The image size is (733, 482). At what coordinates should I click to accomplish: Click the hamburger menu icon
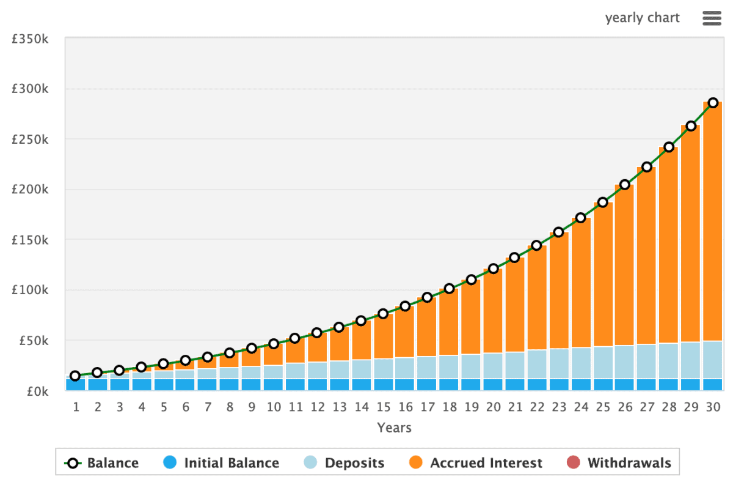pyautogui.click(x=712, y=18)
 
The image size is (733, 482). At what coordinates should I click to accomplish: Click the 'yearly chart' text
pyautogui.click(x=642, y=18)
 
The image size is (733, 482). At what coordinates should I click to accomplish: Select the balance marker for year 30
pyautogui.click(x=713, y=103)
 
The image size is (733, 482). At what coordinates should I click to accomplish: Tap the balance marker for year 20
pyautogui.click(x=493, y=269)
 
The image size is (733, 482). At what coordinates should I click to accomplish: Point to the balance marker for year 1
pyautogui.click(x=75, y=376)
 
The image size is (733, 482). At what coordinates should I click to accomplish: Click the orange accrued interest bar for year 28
pyautogui.click(x=668, y=245)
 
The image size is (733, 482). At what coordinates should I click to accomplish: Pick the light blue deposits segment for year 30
pyautogui.click(x=712, y=360)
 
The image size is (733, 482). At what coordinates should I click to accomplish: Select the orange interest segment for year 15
pyautogui.click(x=383, y=336)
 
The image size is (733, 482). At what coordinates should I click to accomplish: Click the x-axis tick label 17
pyautogui.click(x=427, y=407)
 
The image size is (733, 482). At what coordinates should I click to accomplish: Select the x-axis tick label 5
pyautogui.click(x=163, y=407)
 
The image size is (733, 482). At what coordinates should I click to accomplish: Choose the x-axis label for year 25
pyautogui.click(x=603, y=407)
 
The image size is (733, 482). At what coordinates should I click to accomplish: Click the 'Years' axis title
pyautogui.click(x=394, y=428)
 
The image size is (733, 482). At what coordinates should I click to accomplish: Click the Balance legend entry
pyautogui.click(x=102, y=463)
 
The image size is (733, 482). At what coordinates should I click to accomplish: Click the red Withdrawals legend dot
pyautogui.click(x=572, y=463)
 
